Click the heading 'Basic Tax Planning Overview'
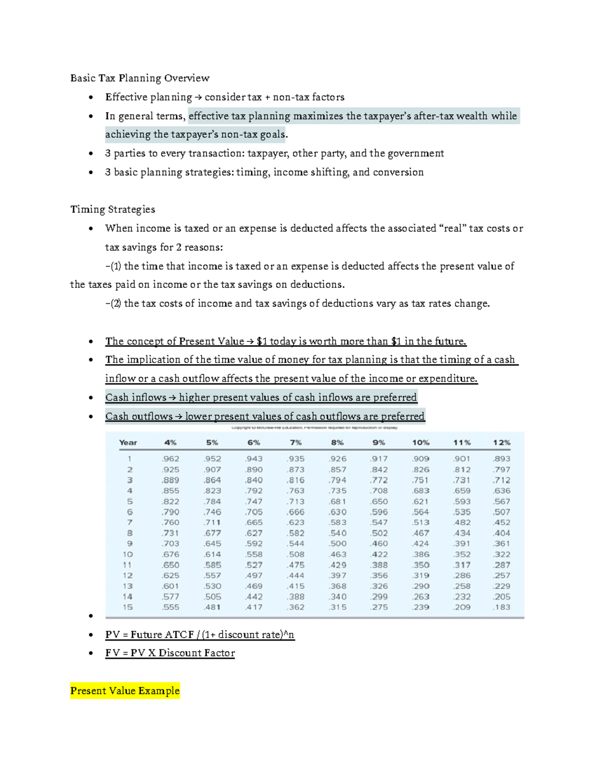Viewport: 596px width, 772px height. click(x=140, y=78)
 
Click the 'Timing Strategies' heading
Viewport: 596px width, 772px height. click(x=113, y=209)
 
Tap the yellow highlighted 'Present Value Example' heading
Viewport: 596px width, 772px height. click(x=125, y=690)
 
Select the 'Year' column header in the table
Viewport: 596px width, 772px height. click(x=128, y=442)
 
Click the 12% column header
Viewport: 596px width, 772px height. click(x=502, y=442)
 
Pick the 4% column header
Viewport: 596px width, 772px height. click(x=170, y=442)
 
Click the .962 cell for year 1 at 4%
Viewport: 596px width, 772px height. click(x=170, y=459)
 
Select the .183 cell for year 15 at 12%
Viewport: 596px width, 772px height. click(x=502, y=607)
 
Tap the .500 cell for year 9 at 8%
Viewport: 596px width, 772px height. click(x=337, y=543)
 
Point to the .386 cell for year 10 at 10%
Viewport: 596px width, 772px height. click(x=421, y=554)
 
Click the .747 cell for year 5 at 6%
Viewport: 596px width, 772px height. click(x=254, y=502)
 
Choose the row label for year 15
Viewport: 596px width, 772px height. click(x=128, y=607)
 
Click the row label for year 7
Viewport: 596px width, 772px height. click(x=129, y=522)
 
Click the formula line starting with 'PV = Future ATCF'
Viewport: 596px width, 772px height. click(x=200, y=635)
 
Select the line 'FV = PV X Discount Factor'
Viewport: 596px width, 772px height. click(x=170, y=653)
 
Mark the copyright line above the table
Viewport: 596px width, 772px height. click(x=314, y=428)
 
